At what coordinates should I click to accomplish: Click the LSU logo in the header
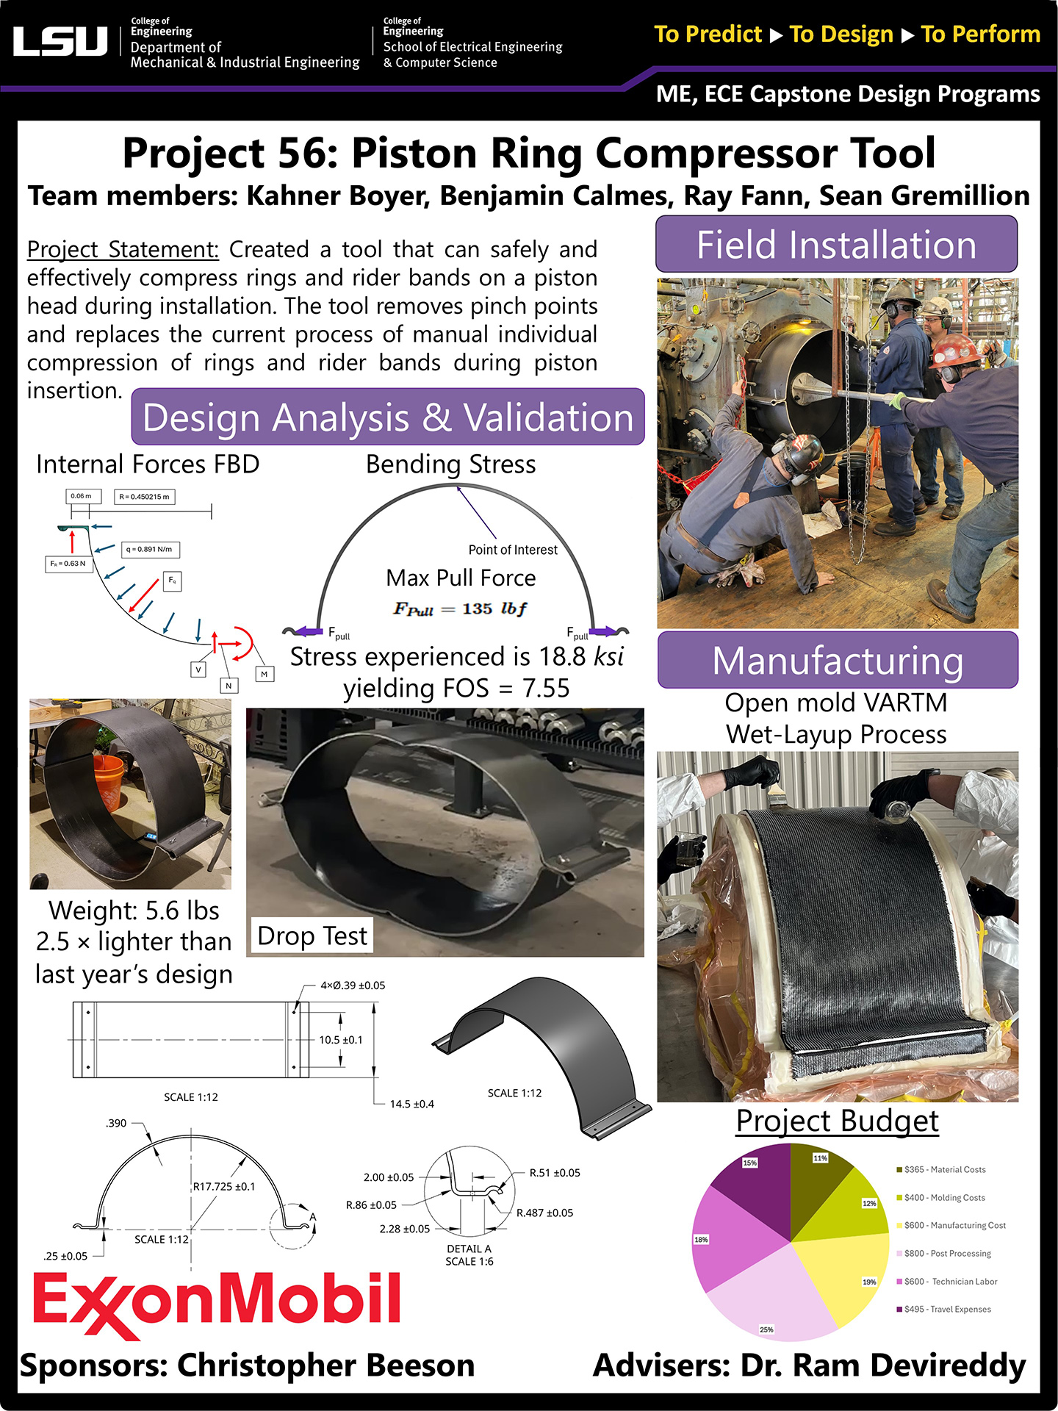(60, 42)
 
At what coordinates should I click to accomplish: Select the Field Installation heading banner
(836, 245)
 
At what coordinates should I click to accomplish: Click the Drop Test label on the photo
(312, 936)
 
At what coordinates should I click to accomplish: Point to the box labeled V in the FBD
(198, 669)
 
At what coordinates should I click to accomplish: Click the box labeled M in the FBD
(264, 674)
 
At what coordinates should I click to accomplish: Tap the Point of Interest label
(513, 550)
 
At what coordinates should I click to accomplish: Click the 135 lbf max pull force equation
(460, 608)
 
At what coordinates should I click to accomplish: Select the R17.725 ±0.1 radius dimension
(224, 1186)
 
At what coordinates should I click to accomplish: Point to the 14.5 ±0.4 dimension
(411, 1104)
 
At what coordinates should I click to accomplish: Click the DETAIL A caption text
(469, 1249)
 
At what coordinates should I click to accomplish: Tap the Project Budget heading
(837, 1121)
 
